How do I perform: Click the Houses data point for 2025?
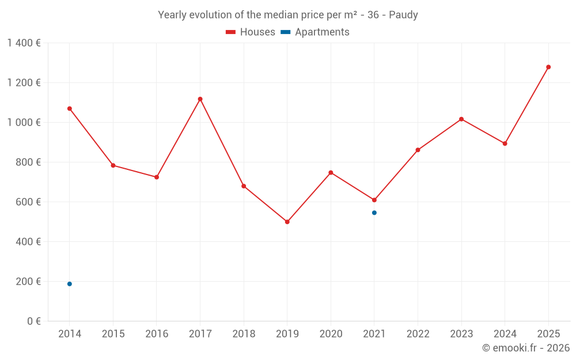548,67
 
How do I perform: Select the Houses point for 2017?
200,99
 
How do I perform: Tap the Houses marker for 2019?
287,222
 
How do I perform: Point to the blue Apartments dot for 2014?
70,284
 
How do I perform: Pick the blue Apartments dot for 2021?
374,213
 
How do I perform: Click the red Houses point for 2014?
70,108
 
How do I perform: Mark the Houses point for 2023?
461,119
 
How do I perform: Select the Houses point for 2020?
331,173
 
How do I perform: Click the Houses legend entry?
251,32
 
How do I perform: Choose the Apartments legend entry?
315,32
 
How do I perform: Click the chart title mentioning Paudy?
288,15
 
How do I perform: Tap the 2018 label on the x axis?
244,334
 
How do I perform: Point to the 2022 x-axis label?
418,334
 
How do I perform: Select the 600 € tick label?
28,202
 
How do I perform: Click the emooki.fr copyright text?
526,348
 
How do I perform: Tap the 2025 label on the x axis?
548,334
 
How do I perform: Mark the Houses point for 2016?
157,177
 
